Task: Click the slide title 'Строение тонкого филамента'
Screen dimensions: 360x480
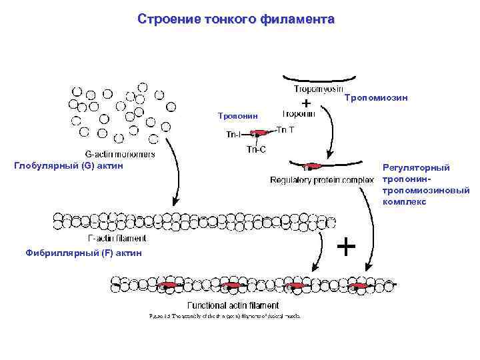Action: [236, 19]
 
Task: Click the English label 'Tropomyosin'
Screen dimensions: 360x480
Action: [318, 89]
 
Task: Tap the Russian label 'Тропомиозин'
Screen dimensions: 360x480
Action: [375, 98]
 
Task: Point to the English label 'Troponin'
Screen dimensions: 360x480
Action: [299, 113]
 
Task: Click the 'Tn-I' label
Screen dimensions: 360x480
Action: [233, 135]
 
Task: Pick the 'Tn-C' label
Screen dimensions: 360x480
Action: [256, 149]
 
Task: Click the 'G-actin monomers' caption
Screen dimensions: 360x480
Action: [119, 154]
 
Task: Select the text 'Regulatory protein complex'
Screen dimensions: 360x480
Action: [321, 180]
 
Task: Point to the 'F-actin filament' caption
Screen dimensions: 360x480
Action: [117, 237]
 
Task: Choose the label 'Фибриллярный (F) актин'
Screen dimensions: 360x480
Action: [83, 253]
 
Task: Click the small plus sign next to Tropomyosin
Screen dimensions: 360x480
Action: [305, 103]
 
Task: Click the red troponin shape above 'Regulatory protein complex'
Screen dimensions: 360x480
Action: [313, 166]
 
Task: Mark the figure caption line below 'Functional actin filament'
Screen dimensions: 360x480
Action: [224, 316]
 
